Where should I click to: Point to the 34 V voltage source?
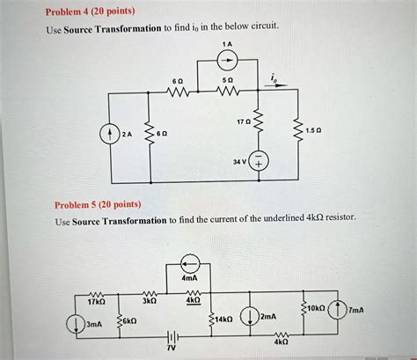coord(260,163)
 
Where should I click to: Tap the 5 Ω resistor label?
coord(225,80)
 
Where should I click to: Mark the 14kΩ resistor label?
coord(223,319)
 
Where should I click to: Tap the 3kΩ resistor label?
coord(149,300)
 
